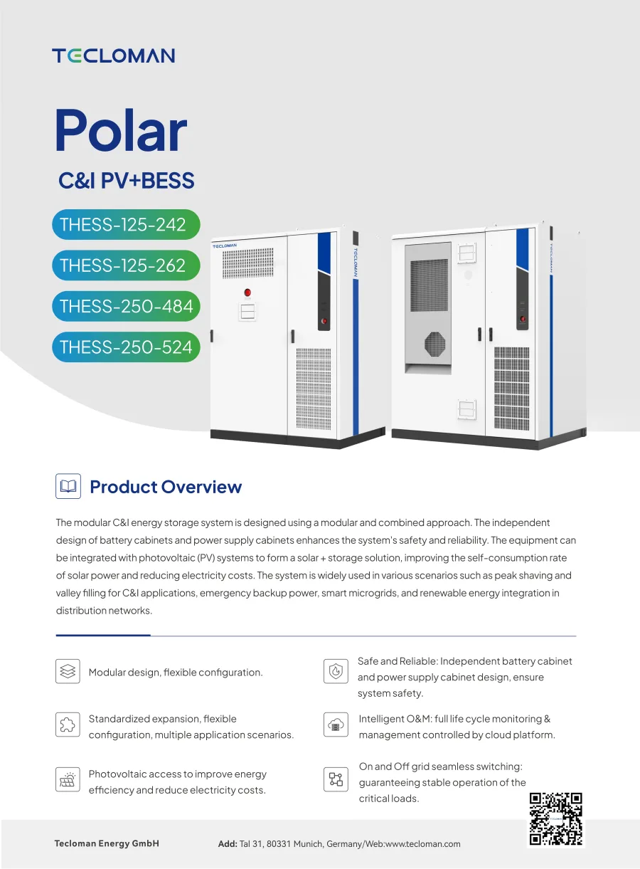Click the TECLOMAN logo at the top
(x=113, y=56)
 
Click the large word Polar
(x=122, y=130)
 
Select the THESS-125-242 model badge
(x=126, y=225)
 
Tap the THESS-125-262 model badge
(x=126, y=265)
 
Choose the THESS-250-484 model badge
(x=126, y=306)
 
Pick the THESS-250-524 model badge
(x=126, y=347)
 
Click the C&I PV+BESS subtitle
(x=127, y=181)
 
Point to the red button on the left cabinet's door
(x=247, y=293)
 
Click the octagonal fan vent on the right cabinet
(x=434, y=344)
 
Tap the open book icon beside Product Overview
(x=68, y=486)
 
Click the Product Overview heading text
(x=166, y=487)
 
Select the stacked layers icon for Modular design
(x=68, y=671)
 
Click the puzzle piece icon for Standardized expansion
(x=68, y=725)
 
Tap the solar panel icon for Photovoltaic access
(x=68, y=779)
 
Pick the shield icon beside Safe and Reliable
(x=336, y=671)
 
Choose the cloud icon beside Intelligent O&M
(x=336, y=725)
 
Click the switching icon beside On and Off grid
(x=336, y=779)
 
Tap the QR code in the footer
(x=556, y=819)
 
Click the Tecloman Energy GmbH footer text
(x=107, y=843)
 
